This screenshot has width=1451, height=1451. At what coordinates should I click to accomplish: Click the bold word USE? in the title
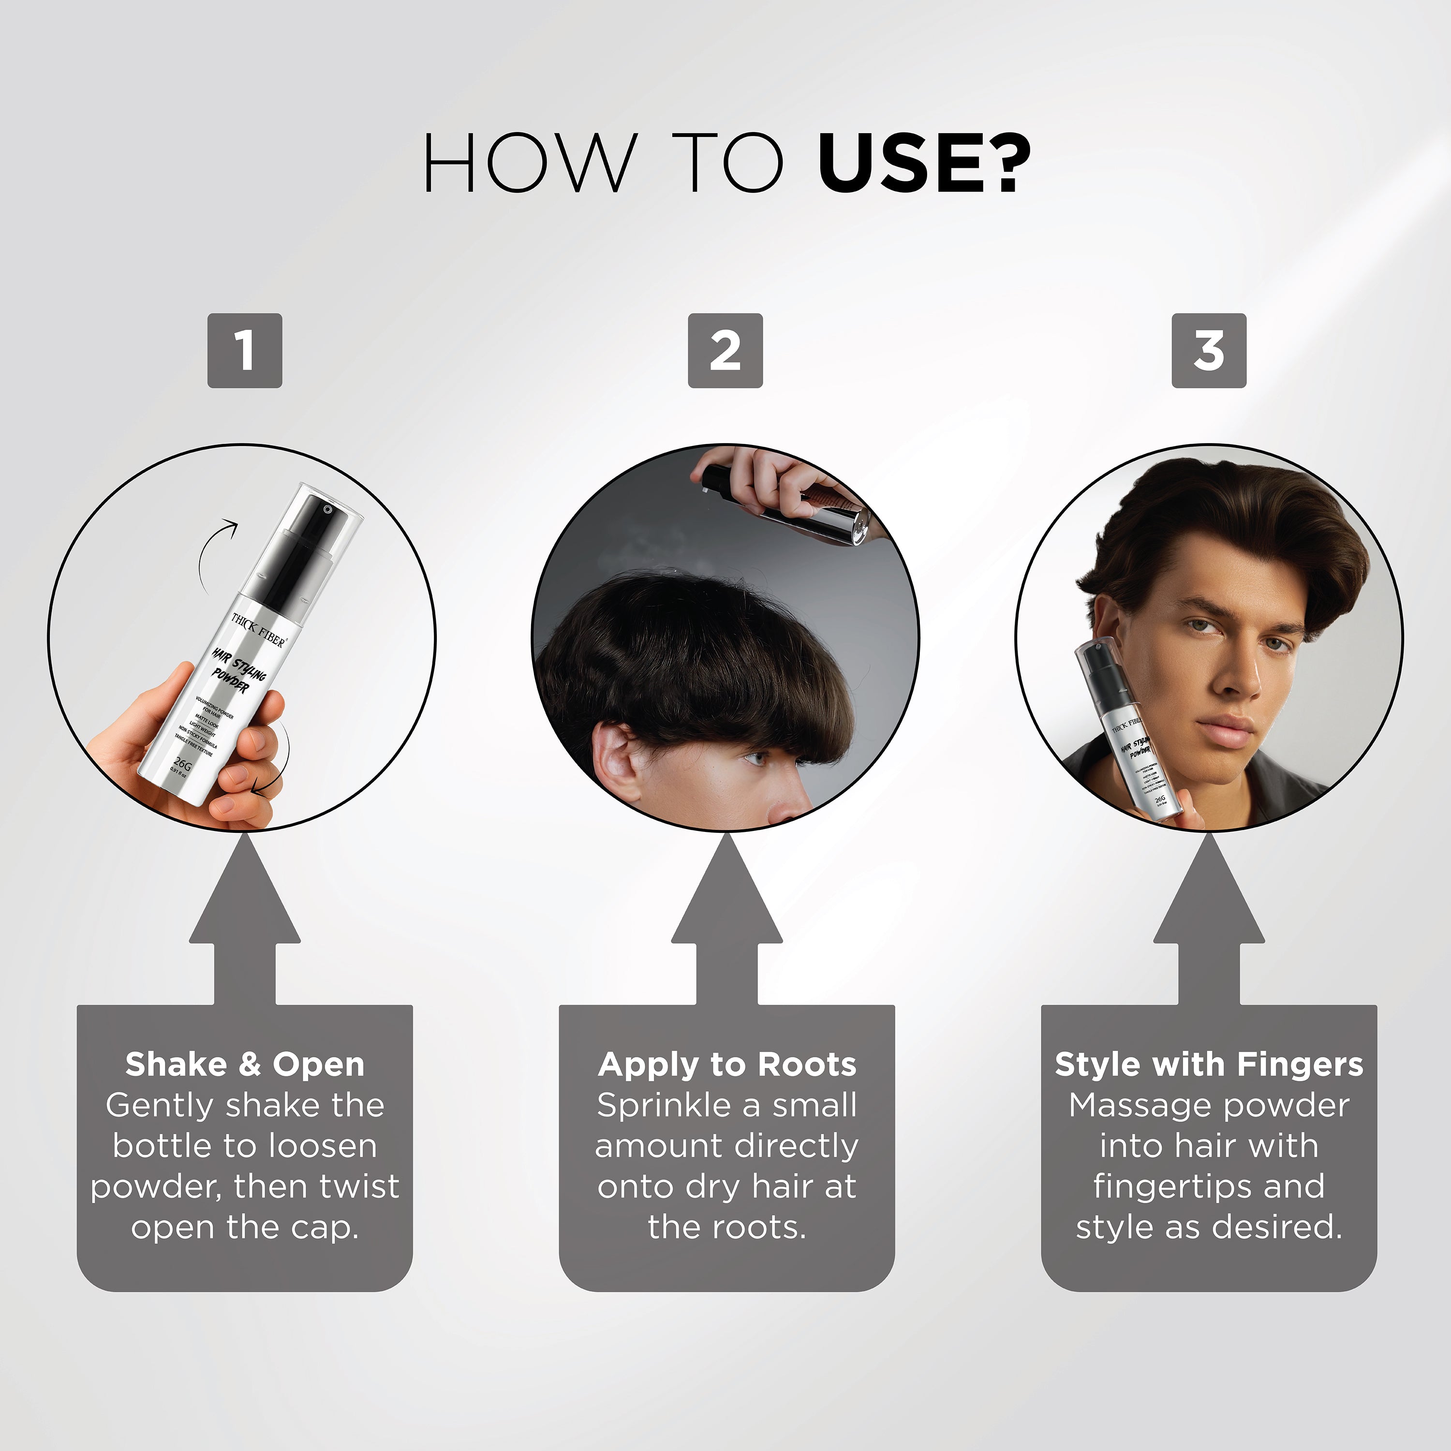924,163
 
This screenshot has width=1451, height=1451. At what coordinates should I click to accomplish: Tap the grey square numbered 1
245,351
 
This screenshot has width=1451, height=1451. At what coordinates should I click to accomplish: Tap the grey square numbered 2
725,351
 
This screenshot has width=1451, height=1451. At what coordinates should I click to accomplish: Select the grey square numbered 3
1208,351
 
